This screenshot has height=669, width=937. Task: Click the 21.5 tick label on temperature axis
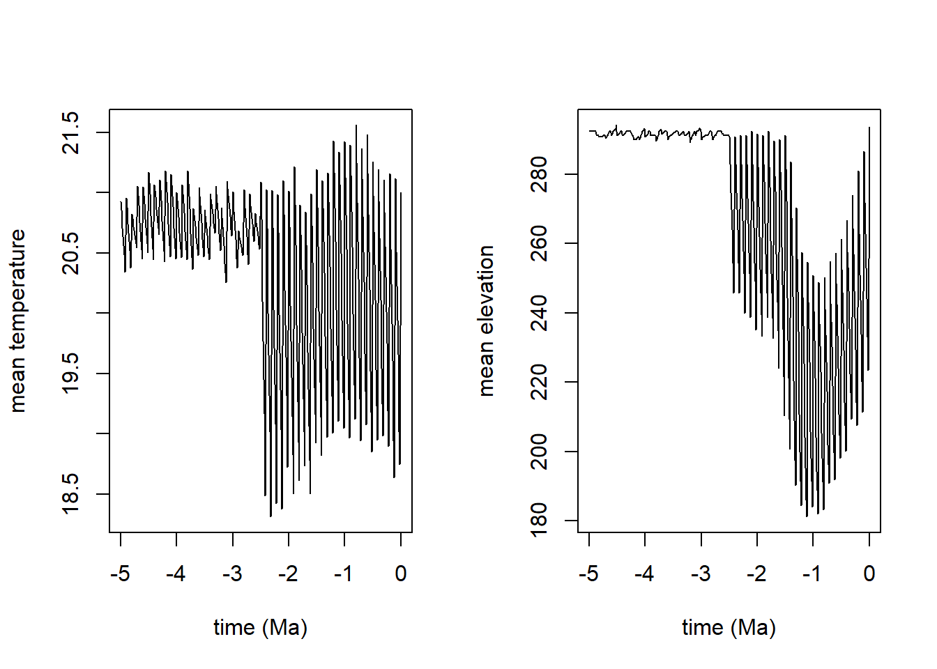(71, 132)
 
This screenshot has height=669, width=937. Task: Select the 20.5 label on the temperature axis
(71, 253)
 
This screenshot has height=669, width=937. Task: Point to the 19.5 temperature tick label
(71, 374)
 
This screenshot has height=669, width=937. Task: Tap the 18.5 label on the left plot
(71, 494)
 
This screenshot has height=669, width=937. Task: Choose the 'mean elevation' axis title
(486, 321)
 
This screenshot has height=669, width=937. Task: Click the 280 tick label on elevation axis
(540, 174)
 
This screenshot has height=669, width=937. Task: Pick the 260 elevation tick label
(540, 243)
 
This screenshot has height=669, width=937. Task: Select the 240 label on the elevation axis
(540, 313)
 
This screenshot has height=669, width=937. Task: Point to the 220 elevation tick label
(540, 382)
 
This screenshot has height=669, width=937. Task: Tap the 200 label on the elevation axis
(540, 452)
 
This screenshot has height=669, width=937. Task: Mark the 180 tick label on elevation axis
(540, 521)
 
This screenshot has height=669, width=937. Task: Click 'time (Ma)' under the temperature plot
(260, 627)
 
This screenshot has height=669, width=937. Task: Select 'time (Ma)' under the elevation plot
(729, 627)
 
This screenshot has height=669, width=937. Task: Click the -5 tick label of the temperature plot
(120, 574)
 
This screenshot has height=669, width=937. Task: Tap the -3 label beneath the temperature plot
(232, 574)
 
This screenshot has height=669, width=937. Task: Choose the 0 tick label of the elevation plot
(869, 574)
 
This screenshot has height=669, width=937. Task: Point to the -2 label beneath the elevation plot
(756, 574)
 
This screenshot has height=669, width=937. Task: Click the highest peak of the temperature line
(356, 126)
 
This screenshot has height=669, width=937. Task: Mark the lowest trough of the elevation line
(807, 516)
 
